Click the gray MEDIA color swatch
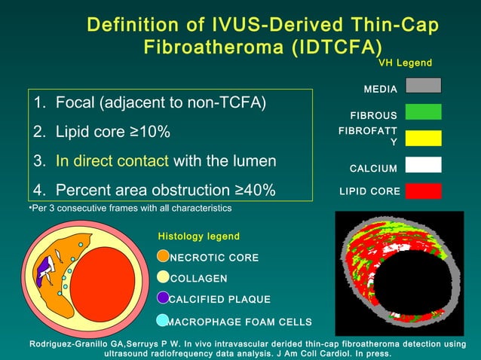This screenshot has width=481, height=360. [x=423, y=85]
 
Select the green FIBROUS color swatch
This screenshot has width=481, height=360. [x=423, y=112]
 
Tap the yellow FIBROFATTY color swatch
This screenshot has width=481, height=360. [x=423, y=137]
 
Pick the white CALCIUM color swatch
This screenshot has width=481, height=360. [x=423, y=165]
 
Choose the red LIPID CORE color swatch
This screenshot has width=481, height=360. [x=423, y=191]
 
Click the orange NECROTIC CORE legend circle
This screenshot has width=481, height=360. [x=163, y=257]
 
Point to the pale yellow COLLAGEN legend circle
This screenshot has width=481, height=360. [x=163, y=278]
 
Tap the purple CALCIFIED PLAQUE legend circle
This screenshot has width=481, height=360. [x=163, y=299]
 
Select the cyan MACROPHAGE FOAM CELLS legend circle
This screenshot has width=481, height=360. [x=163, y=321]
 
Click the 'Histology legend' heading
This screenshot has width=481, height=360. [x=199, y=236]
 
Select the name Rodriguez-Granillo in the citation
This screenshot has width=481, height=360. [x=72, y=344]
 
